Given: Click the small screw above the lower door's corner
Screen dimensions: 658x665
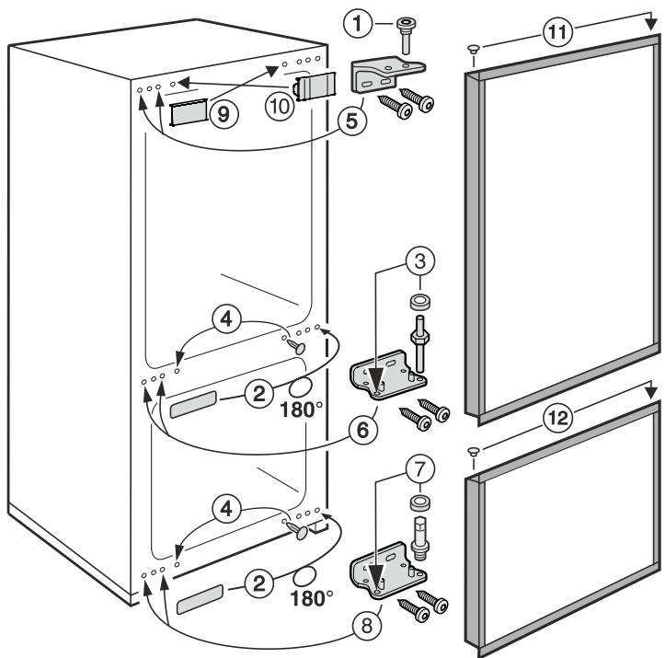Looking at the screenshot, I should pos(473,452).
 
